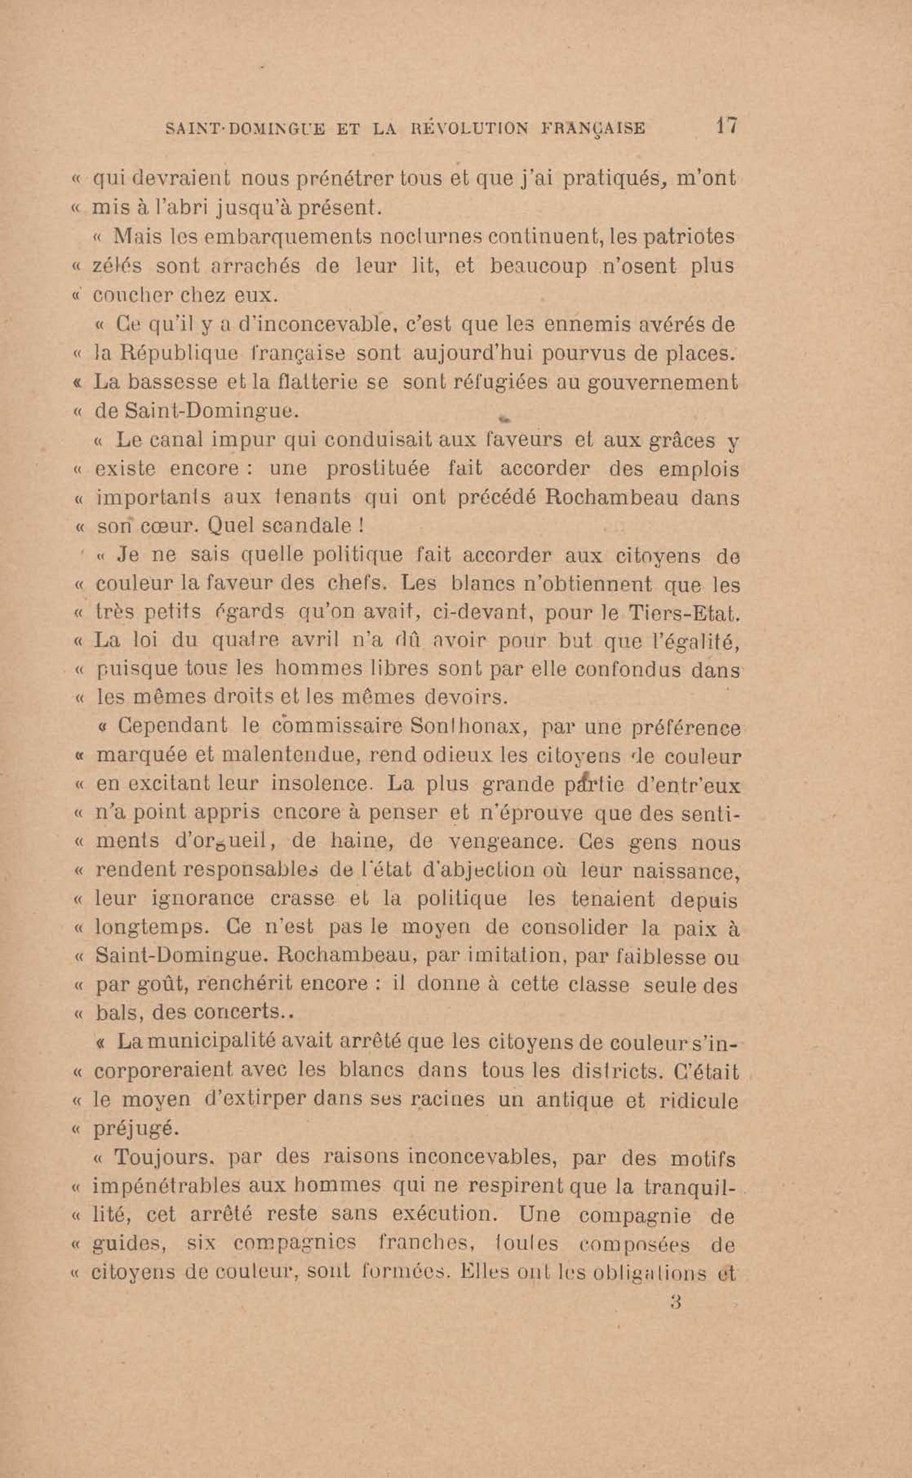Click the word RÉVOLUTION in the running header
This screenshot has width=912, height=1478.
click(468, 129)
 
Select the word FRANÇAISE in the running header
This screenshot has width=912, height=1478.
click(593, 129)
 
